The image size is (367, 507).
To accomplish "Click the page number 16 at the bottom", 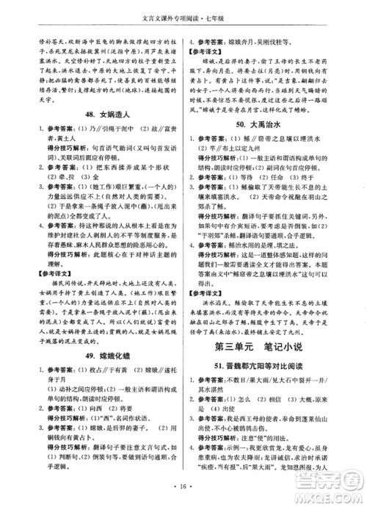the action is point(183,487).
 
